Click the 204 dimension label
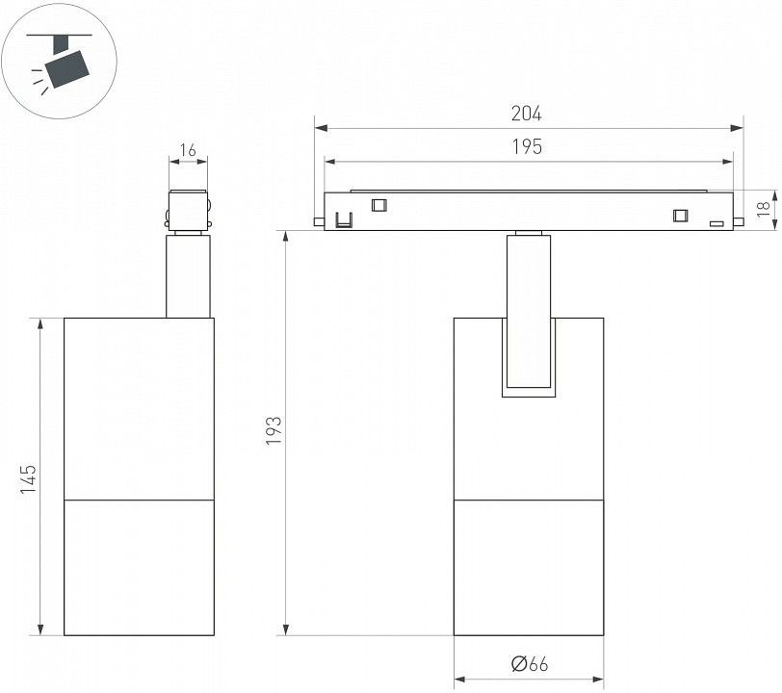coord(526,114)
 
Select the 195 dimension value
coord(527,146)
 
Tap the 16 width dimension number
coord(188,149)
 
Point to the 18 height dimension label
coord(763,209)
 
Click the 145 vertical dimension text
coord(29,479)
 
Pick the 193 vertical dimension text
coord(274,431)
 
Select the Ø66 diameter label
coord(529,664)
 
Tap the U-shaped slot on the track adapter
coord(344,219)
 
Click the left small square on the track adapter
coord(379,205)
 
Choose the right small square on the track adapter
coord(680,216)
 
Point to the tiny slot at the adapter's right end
coord(717,224)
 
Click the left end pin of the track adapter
coord(319,222)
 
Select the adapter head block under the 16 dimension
coord(188,211)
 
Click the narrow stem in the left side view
coord(188,276)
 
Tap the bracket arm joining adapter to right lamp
coord(529,311)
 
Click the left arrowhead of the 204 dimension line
coord(322,129)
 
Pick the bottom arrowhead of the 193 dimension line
coord(286,629)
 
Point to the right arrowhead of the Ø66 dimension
coord(597,680)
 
